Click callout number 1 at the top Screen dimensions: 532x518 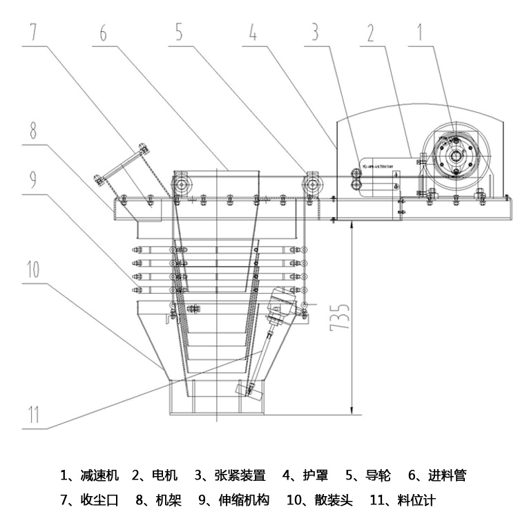pyautogui.click(x=419, y=32)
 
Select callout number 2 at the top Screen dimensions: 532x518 pyautogui.click(x=370, y=32)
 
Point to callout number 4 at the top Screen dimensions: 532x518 pyautogui.click(x=253, y=32)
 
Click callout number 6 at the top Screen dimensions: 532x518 pyautogui.click(x=103, y=32)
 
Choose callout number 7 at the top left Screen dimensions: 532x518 pyautogui.click(x=34, y=32)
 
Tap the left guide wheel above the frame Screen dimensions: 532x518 pyautogui.click(x=183, y=184)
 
